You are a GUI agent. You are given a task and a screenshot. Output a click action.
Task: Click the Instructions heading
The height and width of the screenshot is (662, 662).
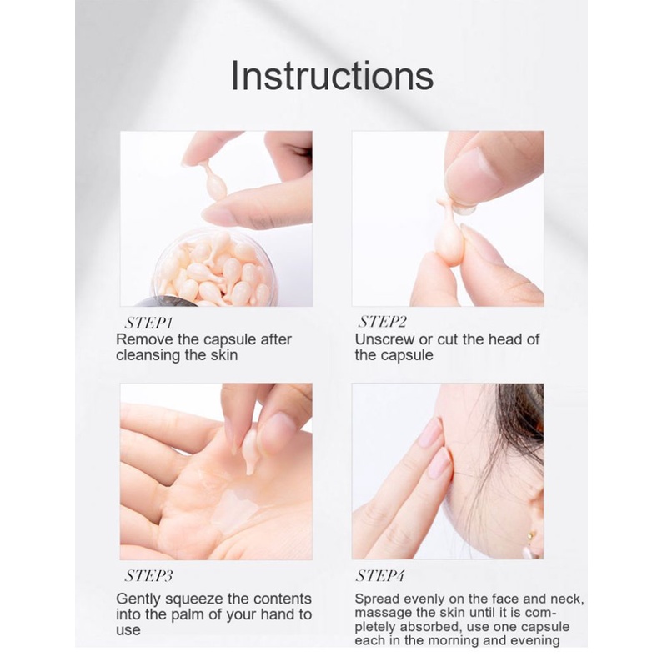[333, 76]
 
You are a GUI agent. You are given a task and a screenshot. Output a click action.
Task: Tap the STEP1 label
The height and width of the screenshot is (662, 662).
[148, 323]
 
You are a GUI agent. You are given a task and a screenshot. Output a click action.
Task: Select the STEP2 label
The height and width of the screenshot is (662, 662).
[383, 322]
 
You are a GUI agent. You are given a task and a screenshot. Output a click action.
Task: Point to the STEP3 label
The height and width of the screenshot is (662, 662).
[148, 576]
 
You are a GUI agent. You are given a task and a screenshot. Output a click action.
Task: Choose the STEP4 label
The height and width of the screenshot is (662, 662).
[380, 576]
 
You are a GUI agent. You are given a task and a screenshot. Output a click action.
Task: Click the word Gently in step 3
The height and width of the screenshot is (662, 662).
[138, 599]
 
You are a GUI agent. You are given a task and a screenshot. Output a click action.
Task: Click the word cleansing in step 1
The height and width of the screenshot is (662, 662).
[143, 355]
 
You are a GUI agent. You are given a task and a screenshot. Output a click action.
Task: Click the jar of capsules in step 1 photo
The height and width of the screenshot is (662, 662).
[215, 268]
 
